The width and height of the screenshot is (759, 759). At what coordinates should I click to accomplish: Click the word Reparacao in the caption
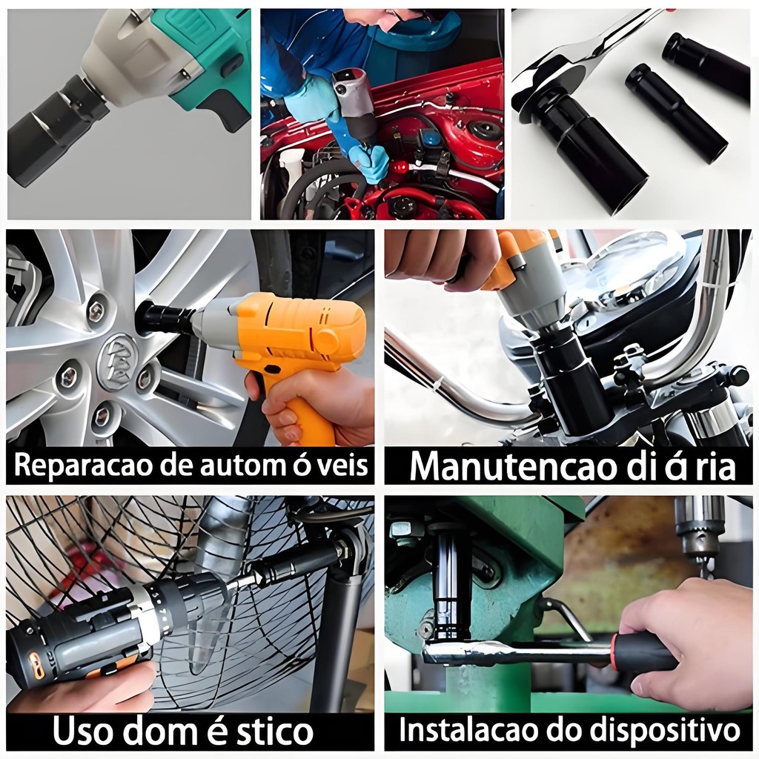78,465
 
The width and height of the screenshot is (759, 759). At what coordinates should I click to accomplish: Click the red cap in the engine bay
400,168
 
